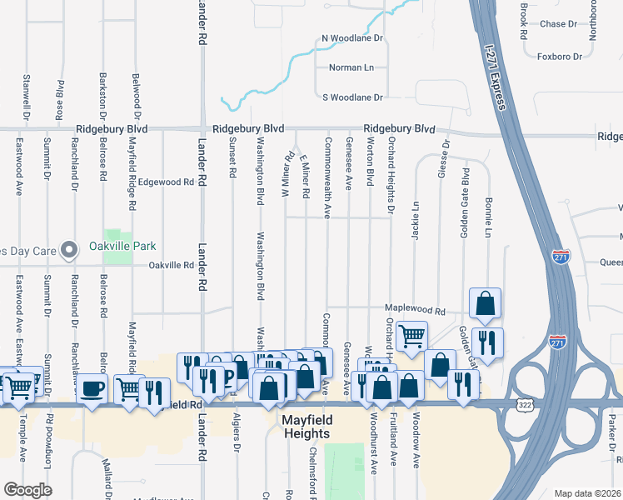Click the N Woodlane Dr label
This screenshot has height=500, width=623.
point(352,38)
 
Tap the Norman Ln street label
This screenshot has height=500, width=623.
point(346,67)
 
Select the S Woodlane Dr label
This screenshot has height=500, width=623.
point(352,97)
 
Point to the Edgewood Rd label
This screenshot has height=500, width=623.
point(166,182)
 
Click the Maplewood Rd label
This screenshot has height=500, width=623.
point(414,312)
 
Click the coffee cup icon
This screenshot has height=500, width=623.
point(92,387)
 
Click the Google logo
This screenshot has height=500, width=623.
point(27,489)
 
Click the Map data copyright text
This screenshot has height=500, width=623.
point(587,493)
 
